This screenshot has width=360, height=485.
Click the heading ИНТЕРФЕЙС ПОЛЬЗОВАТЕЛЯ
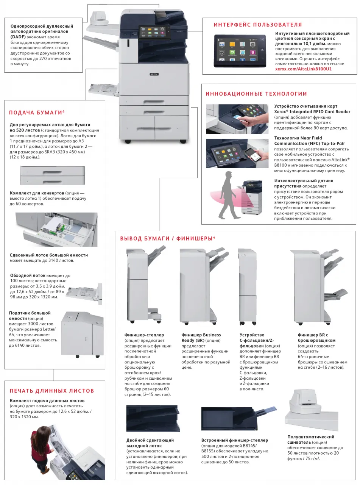tap(258, 25)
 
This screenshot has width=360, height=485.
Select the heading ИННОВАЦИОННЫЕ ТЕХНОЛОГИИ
tap(256, 94)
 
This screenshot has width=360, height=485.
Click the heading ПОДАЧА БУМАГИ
tap(36, 113)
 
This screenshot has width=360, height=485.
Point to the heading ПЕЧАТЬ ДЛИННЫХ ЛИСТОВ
tap(51, 391)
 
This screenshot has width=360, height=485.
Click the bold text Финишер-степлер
tap(144, 335)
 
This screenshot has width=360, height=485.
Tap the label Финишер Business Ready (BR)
tap(201, 338)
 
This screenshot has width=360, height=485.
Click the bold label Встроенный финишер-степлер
tap(235, 440)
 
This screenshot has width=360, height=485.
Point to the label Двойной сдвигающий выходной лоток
tap(150, 443)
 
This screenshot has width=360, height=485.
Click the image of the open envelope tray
tap(56, 230)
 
